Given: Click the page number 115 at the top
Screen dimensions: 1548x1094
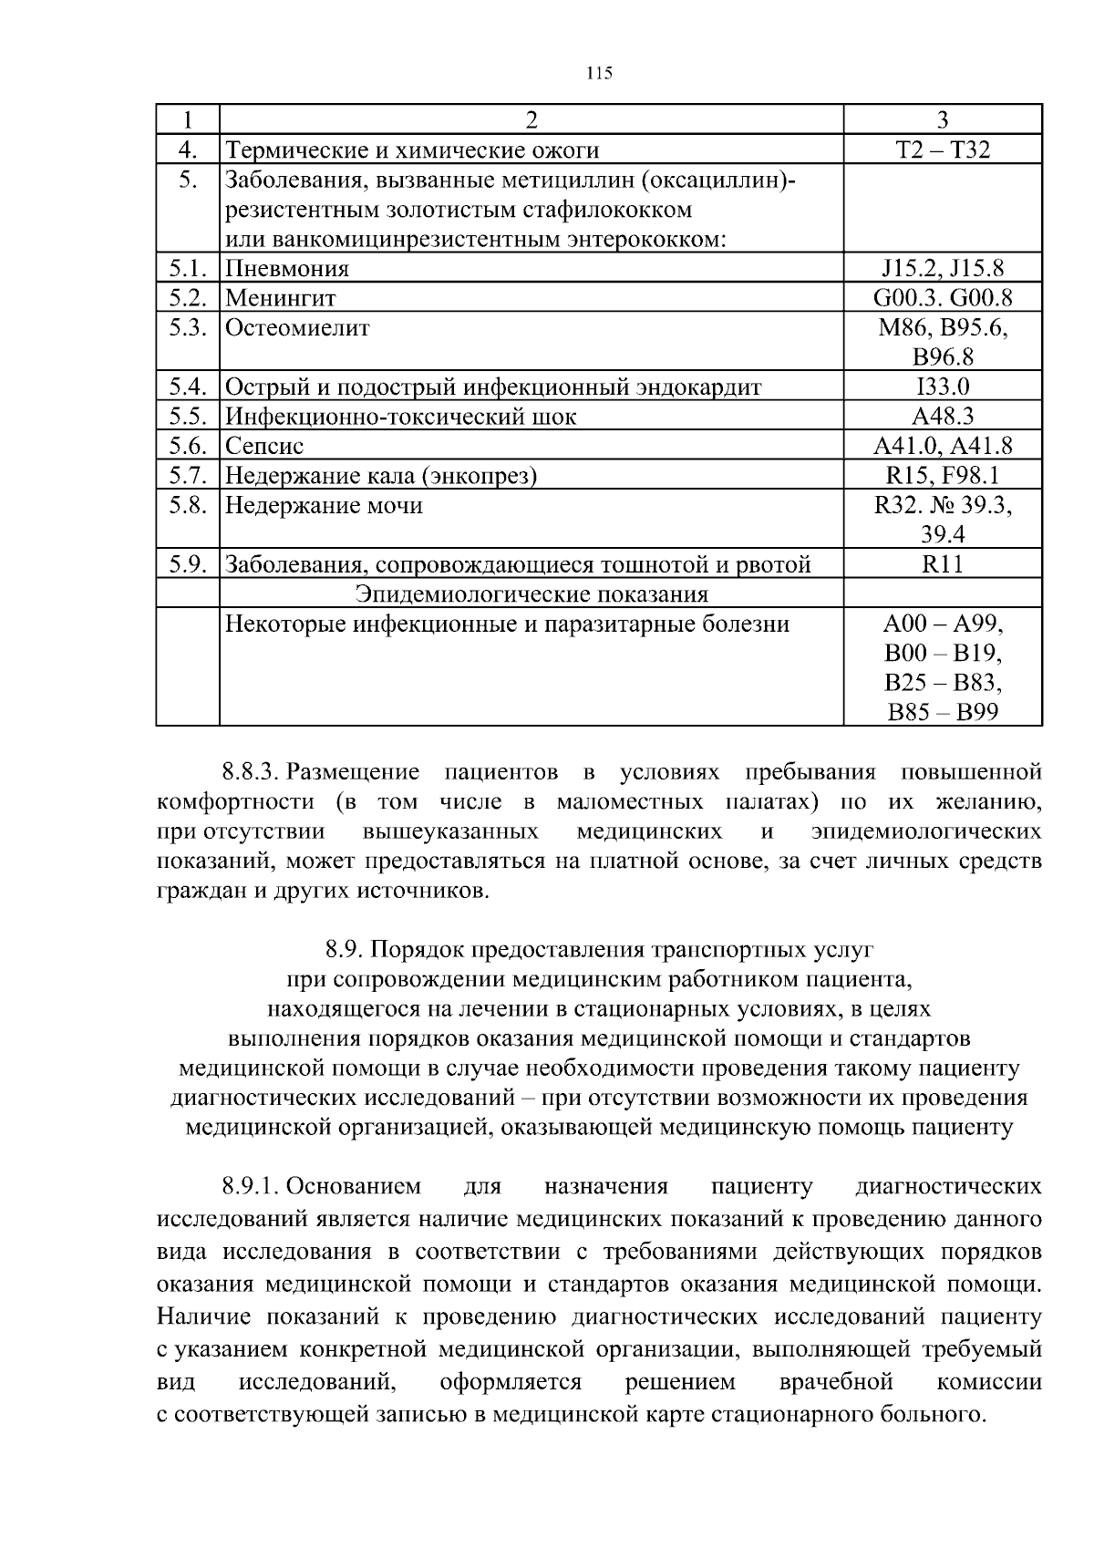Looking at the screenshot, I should (x=599, y=74).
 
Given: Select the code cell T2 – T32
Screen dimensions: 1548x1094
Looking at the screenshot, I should (x=943, y=150).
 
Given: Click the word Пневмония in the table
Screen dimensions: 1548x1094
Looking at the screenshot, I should (x=287, y=268).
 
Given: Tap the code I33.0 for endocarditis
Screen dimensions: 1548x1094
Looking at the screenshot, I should (x=943, y=387).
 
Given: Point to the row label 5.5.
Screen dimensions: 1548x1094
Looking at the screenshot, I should (x=189, y=417).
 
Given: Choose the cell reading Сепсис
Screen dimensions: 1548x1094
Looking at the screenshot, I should (x=264, y=446).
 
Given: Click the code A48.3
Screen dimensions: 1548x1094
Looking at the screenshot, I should (x=943, y=417).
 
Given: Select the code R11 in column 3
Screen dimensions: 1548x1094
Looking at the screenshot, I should (x=943, y=564).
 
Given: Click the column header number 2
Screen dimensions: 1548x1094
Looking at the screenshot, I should (x=532, y=119).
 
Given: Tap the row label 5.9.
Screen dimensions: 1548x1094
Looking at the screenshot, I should (x=189, y=564).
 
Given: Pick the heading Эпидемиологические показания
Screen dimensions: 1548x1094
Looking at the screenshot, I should (x=532, y=594).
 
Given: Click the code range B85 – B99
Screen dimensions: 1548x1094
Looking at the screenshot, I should (x=943, y=712).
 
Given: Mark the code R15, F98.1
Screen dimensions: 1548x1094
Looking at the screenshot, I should (x=943, y=476).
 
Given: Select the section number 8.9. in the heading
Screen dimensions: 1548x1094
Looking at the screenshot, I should (x=345, y=950).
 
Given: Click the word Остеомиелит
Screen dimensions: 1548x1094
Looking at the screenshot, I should (x=297, y=327).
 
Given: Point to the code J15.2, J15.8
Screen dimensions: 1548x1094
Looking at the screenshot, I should (x=943, y=268).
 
